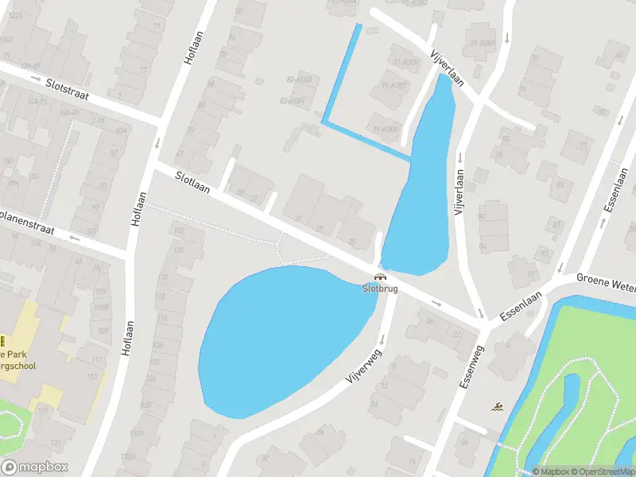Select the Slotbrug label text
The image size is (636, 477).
click(380, 289)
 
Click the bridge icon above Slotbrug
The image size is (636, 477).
click(380, 277)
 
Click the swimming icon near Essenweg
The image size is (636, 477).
click(497, 407)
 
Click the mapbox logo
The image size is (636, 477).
click(35, 467)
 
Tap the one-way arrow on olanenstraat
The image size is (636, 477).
click(75, 237)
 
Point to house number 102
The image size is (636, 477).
click(178, 231)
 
